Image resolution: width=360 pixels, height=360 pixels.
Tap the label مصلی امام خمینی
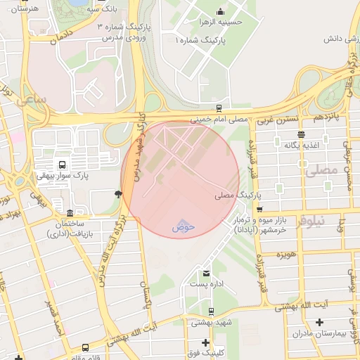(x=220, y=120)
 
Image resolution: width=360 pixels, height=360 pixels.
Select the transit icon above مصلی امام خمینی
(x=219, y=108)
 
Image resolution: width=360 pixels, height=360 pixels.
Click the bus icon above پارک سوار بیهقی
(x=63, y=165)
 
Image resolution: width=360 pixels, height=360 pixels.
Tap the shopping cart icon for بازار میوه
(x=259, y=209)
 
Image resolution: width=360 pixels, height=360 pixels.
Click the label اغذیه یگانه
(x=302, y=144)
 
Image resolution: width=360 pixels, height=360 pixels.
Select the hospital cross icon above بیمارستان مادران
(x=320, y=322)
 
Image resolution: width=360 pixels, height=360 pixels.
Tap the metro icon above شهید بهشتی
(x=212, y=311)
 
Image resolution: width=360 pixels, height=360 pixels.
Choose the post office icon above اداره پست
(x=206, y=273)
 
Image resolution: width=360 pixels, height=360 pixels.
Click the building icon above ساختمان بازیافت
(x=69, y=213)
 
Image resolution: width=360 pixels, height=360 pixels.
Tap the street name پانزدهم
(x=326, y=114)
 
